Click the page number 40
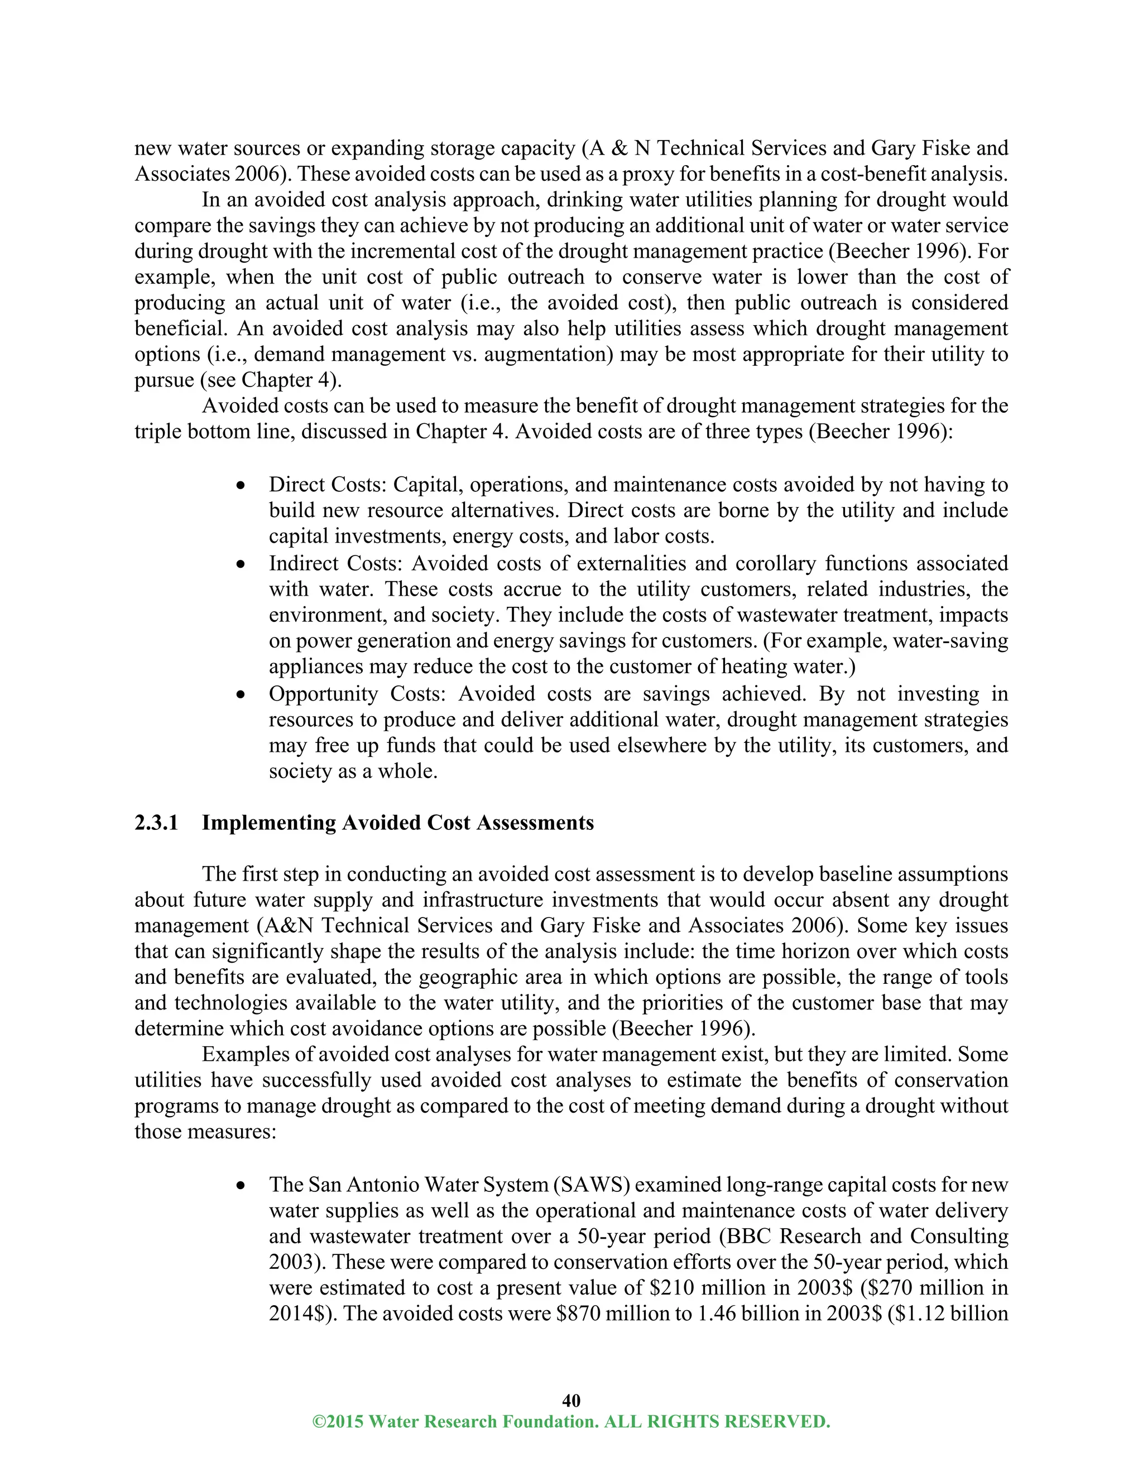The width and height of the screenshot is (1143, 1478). point(571,1400)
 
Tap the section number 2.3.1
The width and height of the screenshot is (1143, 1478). point(156,822)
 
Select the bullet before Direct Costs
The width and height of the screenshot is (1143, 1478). point(241,486)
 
